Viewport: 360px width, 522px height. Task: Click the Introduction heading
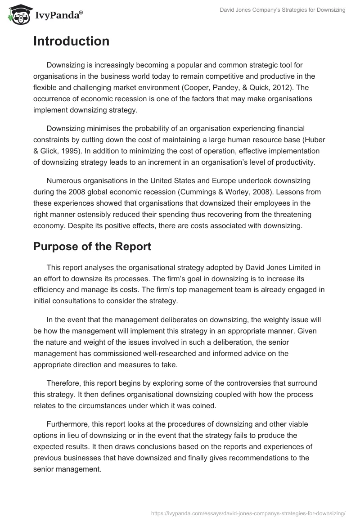[x=71, y=41]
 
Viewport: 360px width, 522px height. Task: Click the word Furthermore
[x=69, y=424]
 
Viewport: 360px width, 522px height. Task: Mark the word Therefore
[x=64, y=383]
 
